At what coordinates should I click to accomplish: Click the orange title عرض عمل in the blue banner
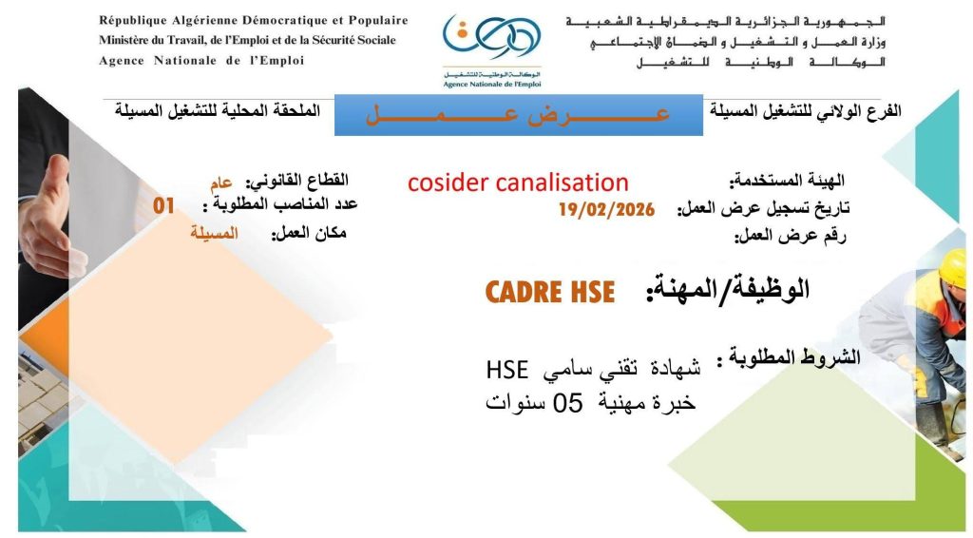518,115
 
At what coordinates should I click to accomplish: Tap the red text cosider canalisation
518,183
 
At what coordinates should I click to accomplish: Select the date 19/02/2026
606,209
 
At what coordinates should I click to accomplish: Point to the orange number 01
163,205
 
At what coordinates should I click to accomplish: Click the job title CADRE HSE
550,292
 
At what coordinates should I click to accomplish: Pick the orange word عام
220,183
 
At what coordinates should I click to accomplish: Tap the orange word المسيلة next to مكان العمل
214,233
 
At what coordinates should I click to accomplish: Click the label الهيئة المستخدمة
787,182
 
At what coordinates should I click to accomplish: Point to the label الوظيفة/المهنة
728,290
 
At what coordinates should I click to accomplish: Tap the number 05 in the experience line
568,403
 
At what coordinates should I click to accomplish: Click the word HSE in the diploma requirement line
507,370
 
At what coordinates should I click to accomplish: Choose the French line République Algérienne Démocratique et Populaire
253,21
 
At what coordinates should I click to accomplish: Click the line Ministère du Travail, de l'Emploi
247,40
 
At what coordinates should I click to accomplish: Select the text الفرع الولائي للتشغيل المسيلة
806,112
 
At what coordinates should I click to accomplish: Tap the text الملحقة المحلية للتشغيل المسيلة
218,111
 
